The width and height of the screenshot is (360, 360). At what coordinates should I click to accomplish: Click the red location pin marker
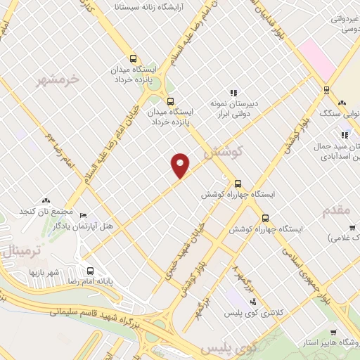click(181, 165)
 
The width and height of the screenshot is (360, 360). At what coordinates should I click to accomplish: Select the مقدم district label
click(336, 211)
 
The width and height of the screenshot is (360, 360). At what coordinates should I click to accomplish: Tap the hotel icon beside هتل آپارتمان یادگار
click(83, 215)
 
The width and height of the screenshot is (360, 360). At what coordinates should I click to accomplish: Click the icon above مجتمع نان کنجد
click(46, 201)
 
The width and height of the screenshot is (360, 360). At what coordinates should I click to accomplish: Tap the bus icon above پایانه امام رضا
click(90, 271)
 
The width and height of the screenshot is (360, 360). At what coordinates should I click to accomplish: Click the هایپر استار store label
click(333, 343)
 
